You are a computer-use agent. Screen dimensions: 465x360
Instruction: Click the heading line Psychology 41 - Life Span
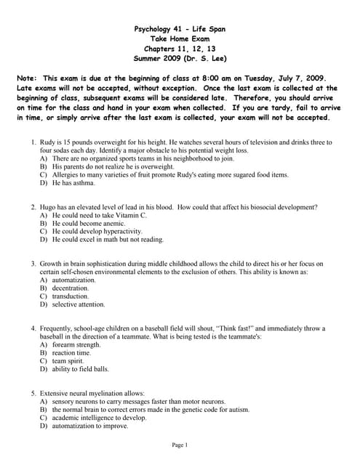(x=180, y=29)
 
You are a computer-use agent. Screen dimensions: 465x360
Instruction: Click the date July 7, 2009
(x=298, y=77)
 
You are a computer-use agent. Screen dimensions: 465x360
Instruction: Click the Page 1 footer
(x=180, y=445)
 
